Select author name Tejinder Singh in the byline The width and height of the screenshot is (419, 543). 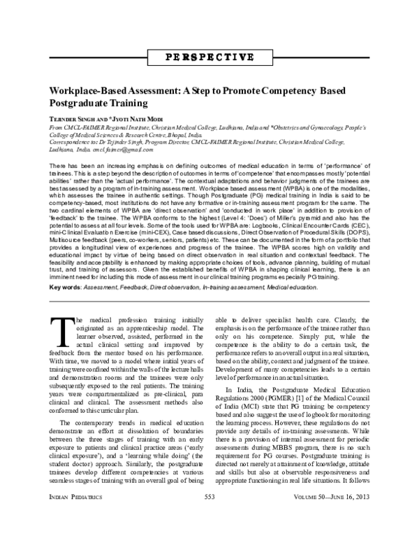(70, 120)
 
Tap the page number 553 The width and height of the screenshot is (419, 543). (209, 535)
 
